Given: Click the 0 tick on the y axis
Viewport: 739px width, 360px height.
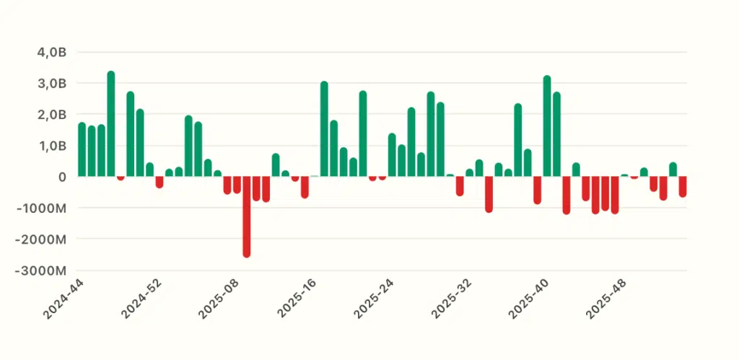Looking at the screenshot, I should [x=62, y=176].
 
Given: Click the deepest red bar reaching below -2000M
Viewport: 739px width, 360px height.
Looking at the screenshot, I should [x=247, y=216].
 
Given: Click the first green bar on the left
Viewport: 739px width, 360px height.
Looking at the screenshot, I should [x=82, y=150].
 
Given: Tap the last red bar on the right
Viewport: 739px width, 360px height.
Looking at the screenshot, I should [x=683, y=186].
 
